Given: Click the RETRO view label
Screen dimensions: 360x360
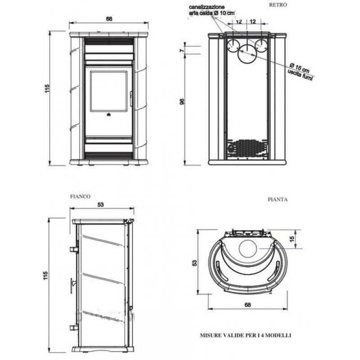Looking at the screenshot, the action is coord(278,5).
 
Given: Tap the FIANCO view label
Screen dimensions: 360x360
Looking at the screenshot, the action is coord(80,196).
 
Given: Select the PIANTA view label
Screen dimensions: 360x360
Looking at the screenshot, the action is coord(278,199).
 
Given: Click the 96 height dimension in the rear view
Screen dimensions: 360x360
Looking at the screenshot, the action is coord(182,102).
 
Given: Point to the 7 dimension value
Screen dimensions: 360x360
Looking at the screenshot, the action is coord(182,50).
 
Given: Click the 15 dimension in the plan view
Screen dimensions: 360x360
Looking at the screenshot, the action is coord(292,239).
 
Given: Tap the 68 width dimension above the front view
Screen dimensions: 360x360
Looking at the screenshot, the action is coord(109,19).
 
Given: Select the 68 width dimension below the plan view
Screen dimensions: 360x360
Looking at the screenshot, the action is coord(247,305).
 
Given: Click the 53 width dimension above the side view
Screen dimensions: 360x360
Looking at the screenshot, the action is coord(100,204).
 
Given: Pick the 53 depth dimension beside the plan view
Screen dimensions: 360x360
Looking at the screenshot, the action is coord(194,263).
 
